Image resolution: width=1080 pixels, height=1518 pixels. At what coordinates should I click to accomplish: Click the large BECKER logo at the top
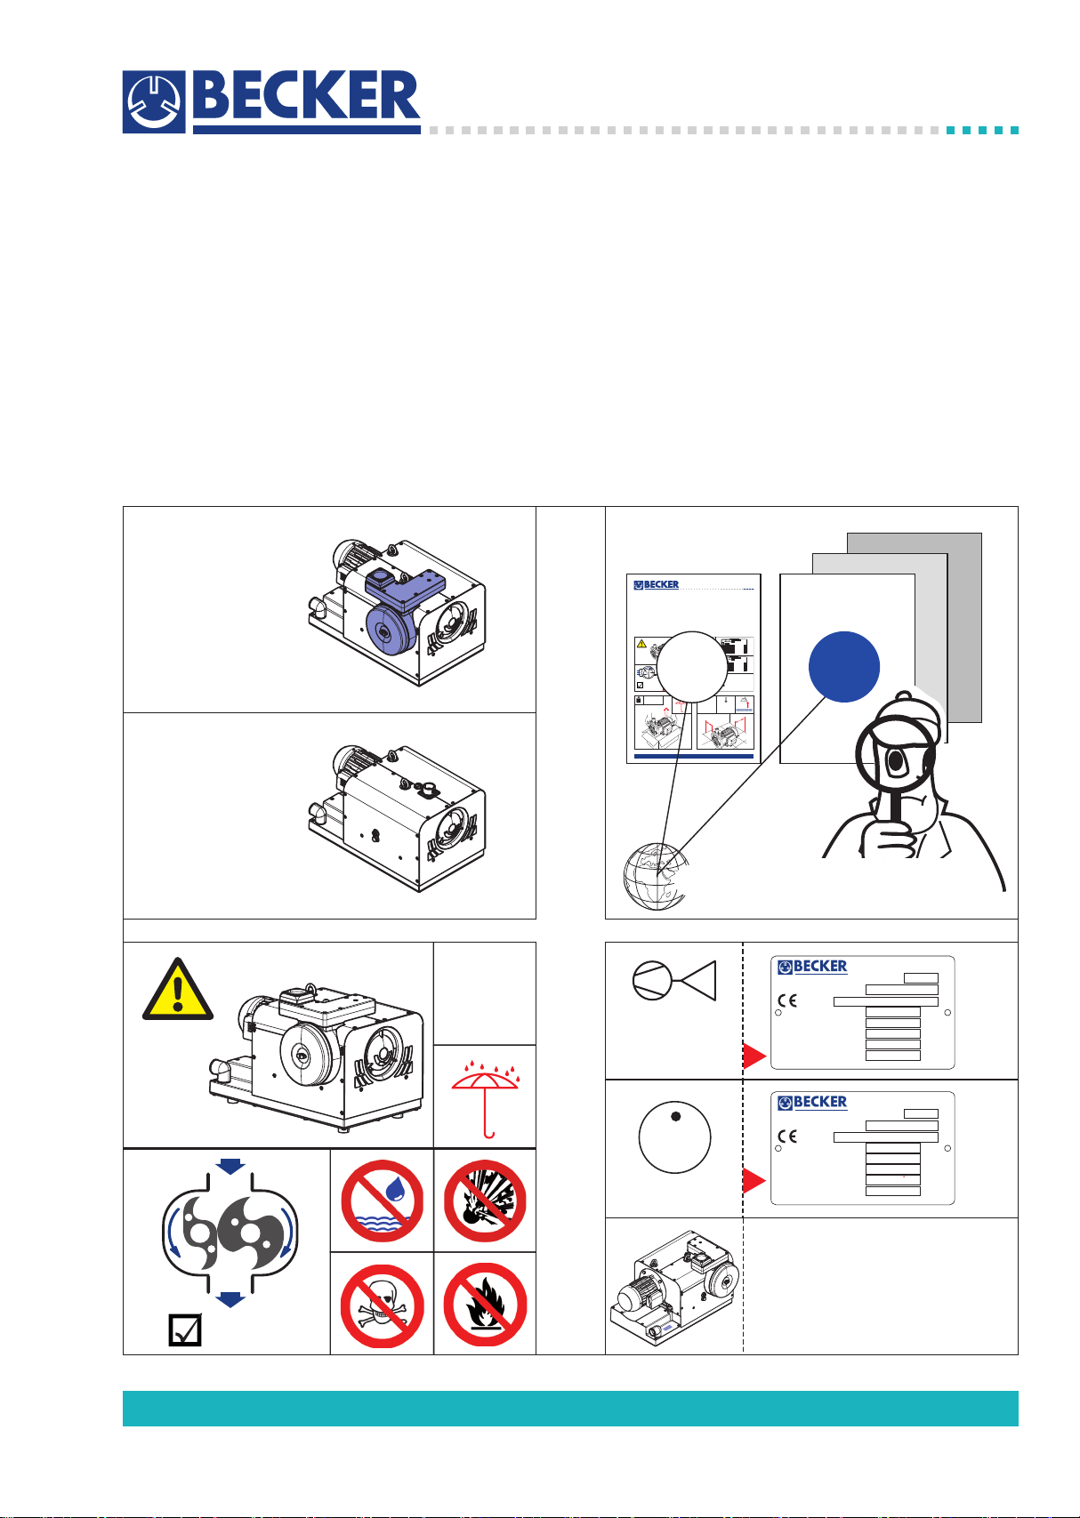point(271,102)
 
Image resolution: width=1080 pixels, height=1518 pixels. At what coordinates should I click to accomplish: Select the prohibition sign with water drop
point(382,1201)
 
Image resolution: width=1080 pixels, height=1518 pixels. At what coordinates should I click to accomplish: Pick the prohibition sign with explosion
point(485,1201)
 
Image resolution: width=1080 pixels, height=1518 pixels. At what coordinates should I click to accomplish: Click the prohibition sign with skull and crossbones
point(382,1305)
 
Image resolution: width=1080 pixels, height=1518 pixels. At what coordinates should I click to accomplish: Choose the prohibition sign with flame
point(485,1305)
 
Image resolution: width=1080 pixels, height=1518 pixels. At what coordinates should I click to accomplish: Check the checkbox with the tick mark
point(185,1330)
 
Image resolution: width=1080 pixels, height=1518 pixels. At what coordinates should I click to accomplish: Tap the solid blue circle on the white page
point(844,667)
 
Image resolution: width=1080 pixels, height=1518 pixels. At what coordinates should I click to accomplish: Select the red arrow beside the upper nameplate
point(754,1056)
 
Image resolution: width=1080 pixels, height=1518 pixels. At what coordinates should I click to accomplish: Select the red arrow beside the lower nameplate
point(754,1181)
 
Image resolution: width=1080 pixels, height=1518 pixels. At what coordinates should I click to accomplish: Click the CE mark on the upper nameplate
point(788,1000)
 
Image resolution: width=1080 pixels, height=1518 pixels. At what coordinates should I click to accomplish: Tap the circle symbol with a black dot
point(674,1138)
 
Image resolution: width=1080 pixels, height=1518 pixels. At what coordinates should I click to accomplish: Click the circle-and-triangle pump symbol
point(673,982)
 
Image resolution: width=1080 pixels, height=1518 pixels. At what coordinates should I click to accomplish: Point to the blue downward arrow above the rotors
point(230,1165)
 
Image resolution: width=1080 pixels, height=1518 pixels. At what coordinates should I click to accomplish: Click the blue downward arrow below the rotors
point(230,1299)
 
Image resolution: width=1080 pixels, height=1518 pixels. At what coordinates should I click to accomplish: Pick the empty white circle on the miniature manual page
point(692,666)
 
